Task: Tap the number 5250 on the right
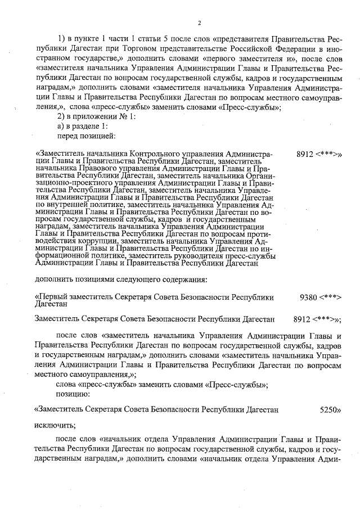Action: [x=331, y=410]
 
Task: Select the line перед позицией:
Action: [x=85, y=136]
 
